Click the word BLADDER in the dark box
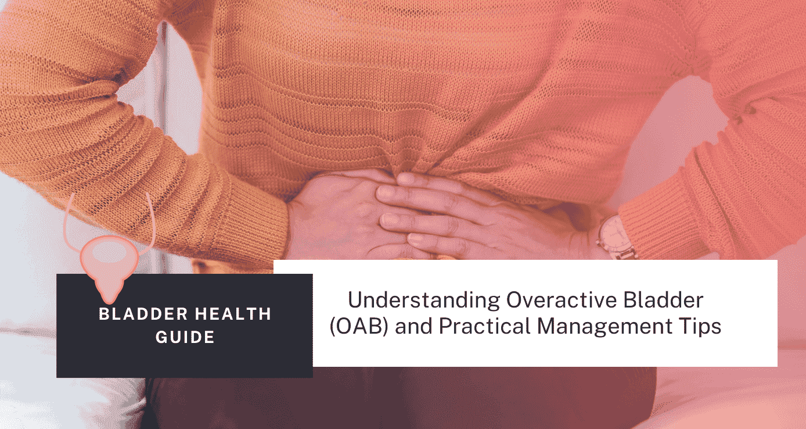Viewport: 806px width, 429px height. click(135, 314)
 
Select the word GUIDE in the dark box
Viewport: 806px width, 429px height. click(185, 337)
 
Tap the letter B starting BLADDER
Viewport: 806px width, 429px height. click(103, 314)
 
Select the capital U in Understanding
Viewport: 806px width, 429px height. click(354, 301)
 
